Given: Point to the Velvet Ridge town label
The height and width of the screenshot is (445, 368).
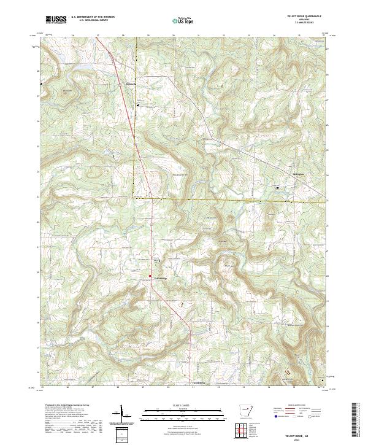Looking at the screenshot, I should click(161, 278).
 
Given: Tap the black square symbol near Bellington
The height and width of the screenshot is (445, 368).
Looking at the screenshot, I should click(277, 187).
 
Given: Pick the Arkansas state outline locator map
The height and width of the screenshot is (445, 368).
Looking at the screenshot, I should click(245, 410).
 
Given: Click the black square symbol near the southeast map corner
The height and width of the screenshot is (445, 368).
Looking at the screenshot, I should click(323, 381).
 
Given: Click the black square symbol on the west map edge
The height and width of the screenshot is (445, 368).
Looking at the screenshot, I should click(41, 83).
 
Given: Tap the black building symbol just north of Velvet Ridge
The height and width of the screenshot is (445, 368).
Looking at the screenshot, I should click(161, 262).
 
